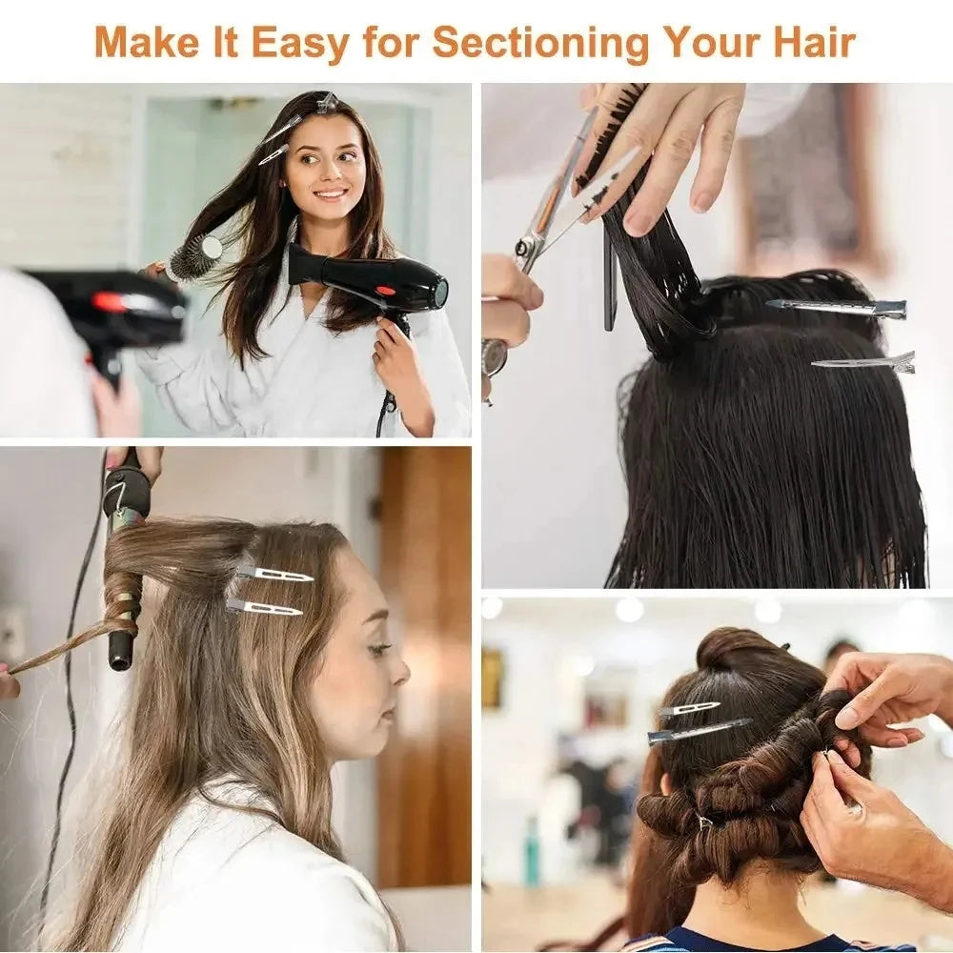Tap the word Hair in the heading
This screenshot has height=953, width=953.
(x=813, y=42)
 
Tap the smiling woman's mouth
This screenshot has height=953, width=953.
(x=331, y=193)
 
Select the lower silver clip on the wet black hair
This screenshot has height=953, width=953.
(x=863, y=362)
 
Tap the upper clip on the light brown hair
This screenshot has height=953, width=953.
(x=274, y=574)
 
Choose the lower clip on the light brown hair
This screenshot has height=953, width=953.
(x=264, y=607)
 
